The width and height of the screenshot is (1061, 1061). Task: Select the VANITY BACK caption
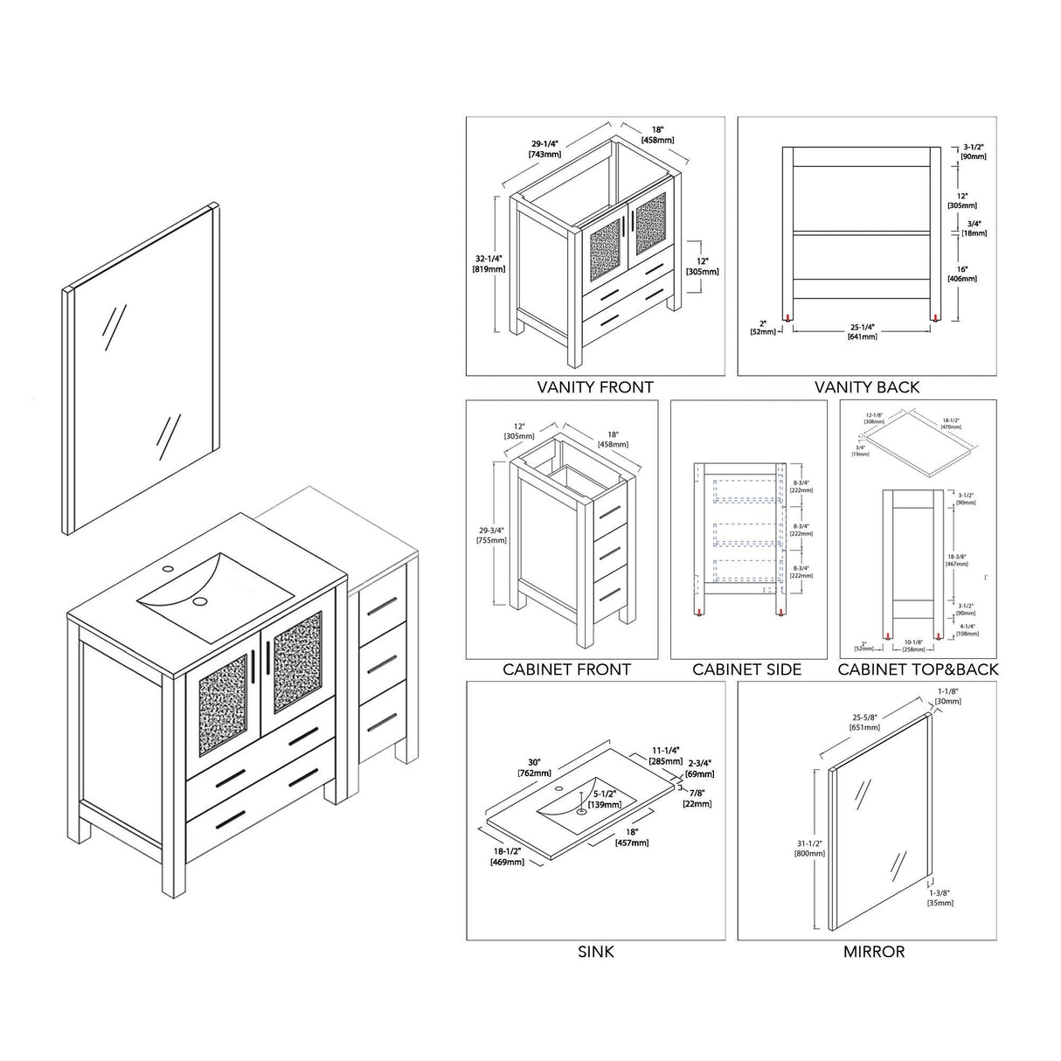click(x=867, y=386)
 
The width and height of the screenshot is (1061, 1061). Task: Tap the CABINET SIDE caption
click(x=747, y=669)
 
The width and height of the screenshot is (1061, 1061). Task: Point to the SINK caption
click(x=596, y=951)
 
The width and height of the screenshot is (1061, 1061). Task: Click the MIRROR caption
click(x=874, y=951)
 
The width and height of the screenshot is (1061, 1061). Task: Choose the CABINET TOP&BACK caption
click(x=918, y=669)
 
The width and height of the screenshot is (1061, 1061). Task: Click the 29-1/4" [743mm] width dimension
click(x=544, y=149)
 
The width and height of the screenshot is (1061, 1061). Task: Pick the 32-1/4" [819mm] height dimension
click(x=489, y=263)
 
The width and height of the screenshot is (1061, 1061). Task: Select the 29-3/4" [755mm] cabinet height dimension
click(x=490, y=534)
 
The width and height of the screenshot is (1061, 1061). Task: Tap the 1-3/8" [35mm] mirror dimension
click(x=940, y=898)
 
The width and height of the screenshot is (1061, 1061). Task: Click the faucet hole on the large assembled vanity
click(x=168, y=569)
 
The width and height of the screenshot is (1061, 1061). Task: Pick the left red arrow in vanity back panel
click(x=789, y=318)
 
